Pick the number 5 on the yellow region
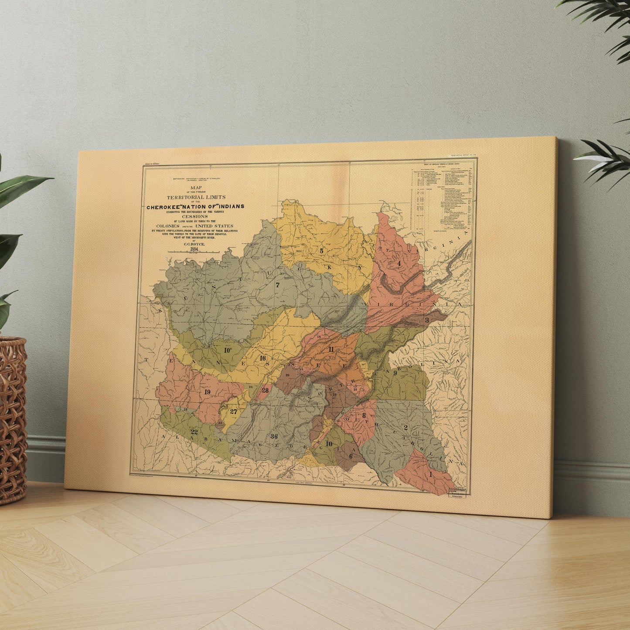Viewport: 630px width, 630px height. [321, 251]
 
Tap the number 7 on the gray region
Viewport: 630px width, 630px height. [277, 286]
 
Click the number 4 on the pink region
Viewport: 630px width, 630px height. [398, 263]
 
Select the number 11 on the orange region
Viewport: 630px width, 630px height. [331, 349]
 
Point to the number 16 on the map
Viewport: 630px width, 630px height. [262, 358]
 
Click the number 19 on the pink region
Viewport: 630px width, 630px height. [207, 392]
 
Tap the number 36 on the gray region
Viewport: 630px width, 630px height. [274, 436]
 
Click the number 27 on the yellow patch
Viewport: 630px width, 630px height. [234, 411]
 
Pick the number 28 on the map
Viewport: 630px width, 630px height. [265, 390]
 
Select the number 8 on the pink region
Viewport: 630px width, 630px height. [364, 415]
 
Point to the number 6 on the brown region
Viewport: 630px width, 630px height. [351, 456]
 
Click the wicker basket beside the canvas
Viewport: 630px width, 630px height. [12, 419]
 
